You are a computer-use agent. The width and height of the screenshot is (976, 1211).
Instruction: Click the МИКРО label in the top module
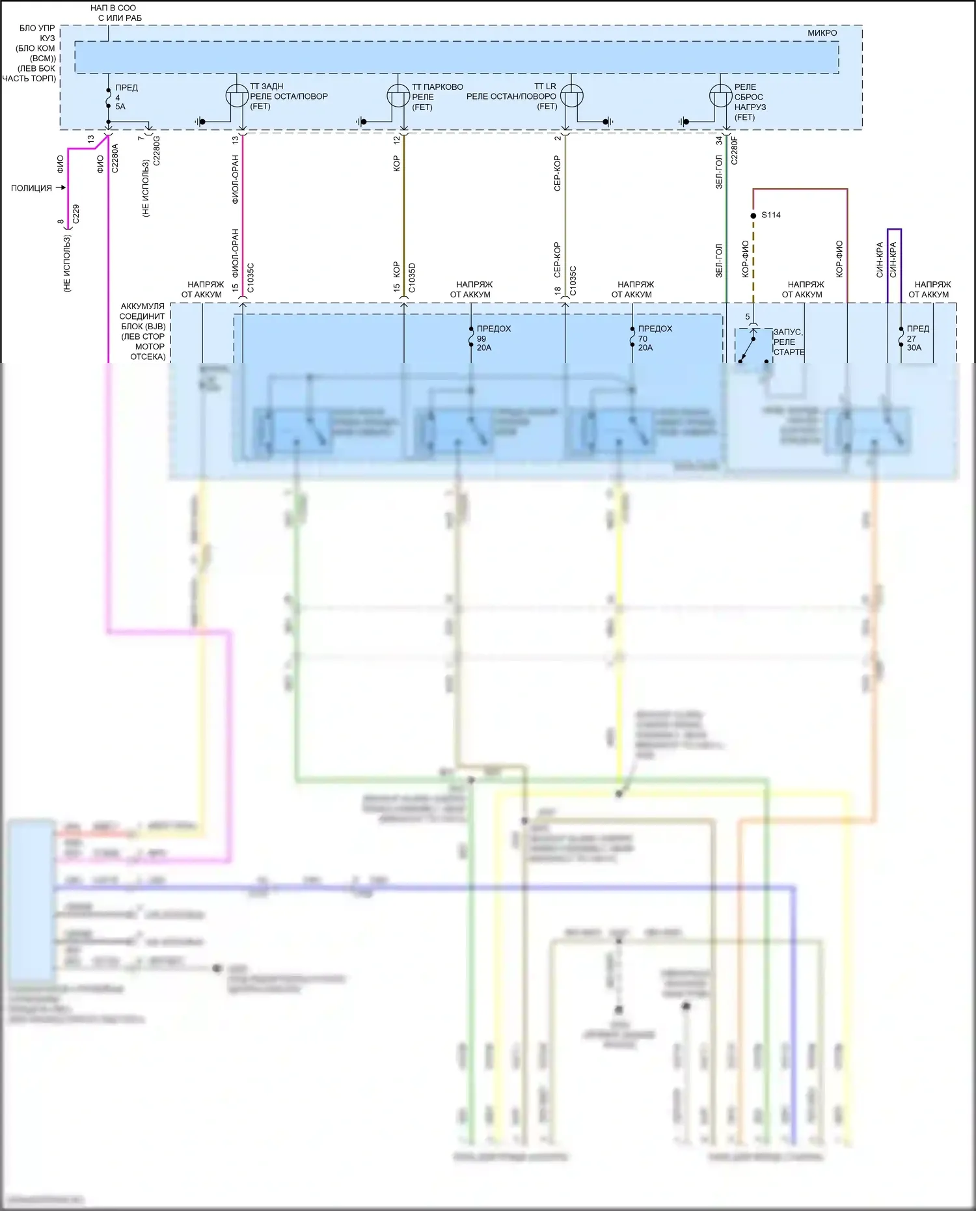822,33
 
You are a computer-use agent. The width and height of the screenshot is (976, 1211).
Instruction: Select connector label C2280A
115,158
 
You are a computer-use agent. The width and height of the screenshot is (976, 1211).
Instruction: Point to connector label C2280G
156,150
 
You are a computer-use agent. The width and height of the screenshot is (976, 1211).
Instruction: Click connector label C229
76,214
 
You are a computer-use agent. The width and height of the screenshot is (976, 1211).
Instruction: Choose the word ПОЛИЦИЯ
31,188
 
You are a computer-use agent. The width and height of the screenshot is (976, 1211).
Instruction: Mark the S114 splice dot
753,215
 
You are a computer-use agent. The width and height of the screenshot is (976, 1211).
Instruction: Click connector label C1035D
412,278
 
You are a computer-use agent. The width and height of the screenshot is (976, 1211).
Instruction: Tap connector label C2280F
735,150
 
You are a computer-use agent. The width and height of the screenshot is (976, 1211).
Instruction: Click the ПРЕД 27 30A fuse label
917,338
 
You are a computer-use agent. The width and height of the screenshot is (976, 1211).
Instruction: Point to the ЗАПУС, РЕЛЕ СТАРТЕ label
789,342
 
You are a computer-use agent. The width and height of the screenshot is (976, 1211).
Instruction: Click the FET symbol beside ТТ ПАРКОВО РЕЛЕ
398,96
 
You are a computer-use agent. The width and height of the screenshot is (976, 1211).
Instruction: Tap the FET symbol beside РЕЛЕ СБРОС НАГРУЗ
720,96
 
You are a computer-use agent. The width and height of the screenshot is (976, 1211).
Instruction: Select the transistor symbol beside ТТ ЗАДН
237,96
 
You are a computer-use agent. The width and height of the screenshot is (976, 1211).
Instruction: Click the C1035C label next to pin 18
573,280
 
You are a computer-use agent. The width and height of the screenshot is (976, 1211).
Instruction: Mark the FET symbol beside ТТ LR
572,96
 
